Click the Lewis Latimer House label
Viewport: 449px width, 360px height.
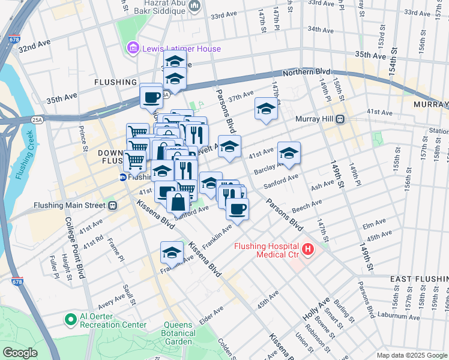click(x=182, y=49)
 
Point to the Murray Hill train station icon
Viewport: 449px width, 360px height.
click(x=340, y=119)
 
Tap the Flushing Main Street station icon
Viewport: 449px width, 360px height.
click(x=112, y=205)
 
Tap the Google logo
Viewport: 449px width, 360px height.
click(x=20, y=353)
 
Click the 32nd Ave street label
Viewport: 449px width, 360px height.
click(x=35, y=46)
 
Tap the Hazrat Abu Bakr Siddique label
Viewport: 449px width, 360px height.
click(x=161, y=7)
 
